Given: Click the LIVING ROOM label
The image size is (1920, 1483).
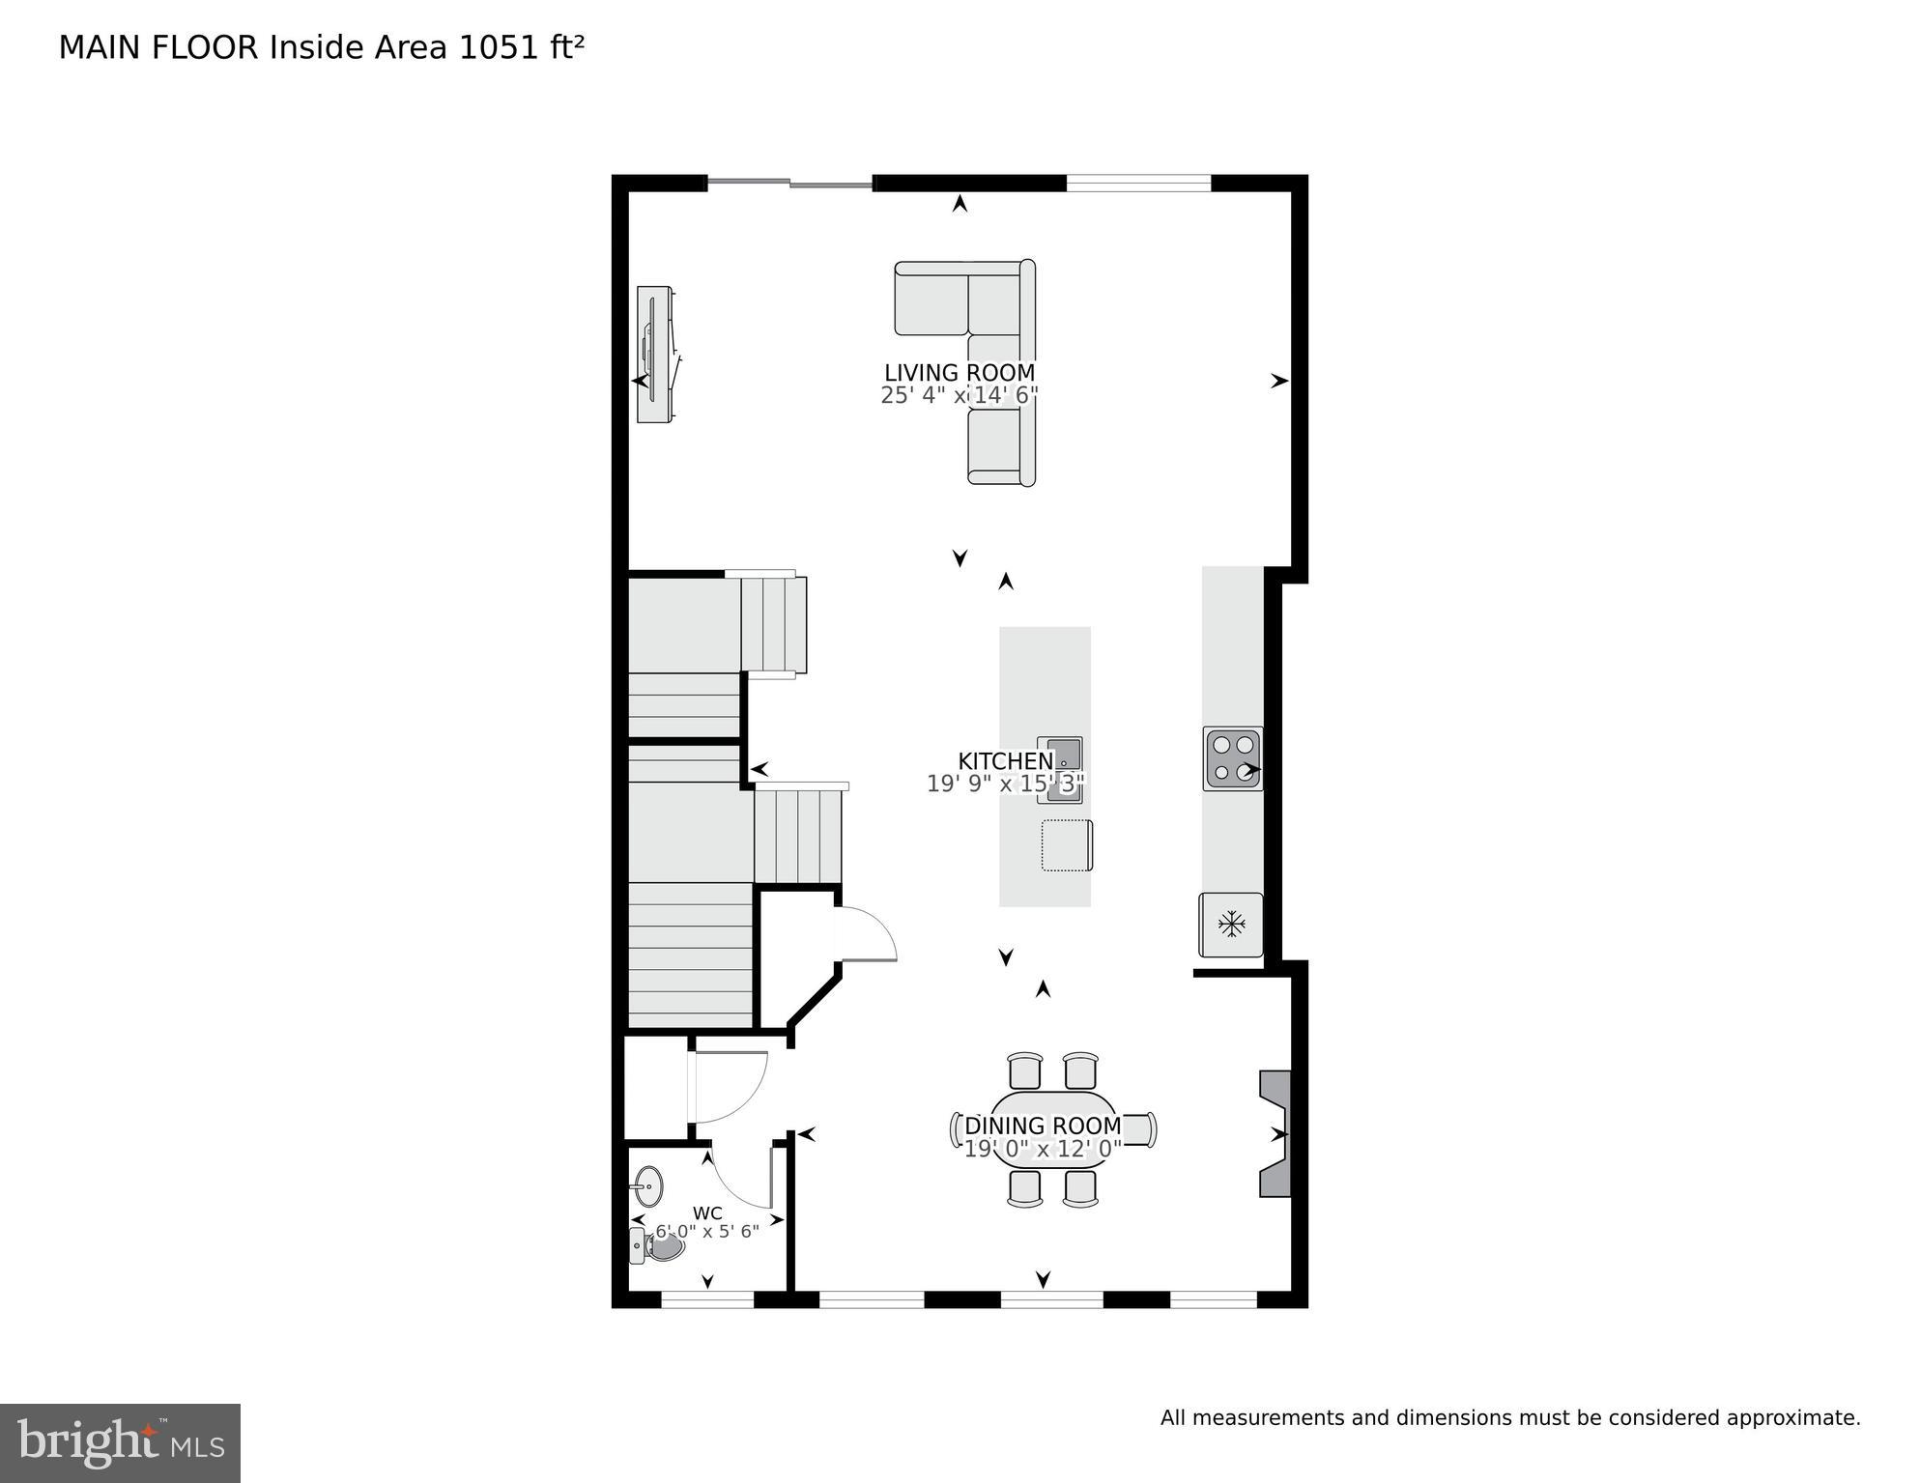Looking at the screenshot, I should click(x=959, y=373).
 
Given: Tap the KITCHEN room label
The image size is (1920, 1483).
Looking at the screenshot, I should click(x=1005, y=761).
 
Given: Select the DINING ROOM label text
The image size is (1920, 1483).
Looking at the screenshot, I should click(x=1043, y=1126).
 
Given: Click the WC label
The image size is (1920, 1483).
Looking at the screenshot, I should click(x=707, y=1213).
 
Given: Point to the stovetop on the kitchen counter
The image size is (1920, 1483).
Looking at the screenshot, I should click(x=1233, y=758).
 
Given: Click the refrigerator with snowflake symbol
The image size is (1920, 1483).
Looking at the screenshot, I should click(x=1231, y=925).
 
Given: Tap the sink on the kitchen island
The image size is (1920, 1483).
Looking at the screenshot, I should click(x=1062, y=769).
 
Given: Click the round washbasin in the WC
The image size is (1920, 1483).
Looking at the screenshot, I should click(x=648, y=1185).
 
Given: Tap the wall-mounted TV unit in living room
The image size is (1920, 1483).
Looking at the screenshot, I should click(x=657, y=354).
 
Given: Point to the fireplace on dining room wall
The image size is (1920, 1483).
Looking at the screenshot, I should click(x=1275, y=1133).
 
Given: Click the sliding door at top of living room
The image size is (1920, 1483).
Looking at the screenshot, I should click(x=790, y=183).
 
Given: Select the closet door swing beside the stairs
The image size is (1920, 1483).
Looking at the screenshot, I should click(x=866, y=934).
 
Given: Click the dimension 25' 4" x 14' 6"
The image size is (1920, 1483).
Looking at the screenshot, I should click(x=959, y=395).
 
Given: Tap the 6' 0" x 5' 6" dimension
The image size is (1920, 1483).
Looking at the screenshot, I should click(x=707, y=1232).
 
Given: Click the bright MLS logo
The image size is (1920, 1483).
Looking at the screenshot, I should click(x=120, y=1442).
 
